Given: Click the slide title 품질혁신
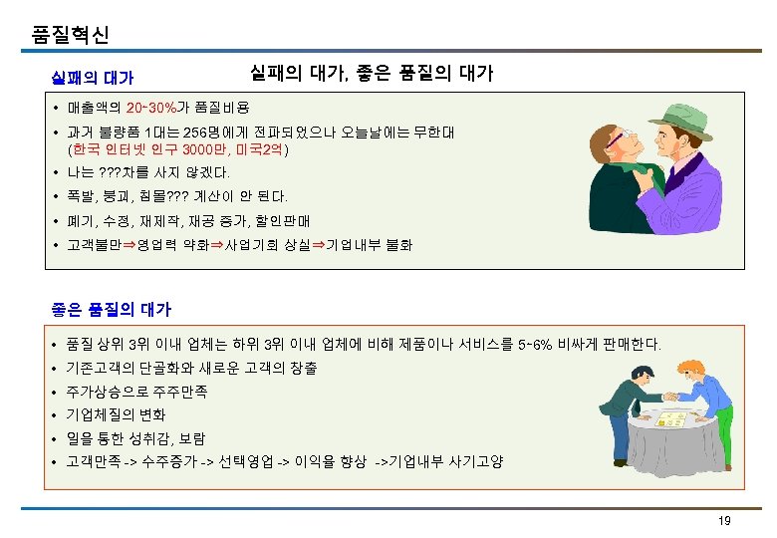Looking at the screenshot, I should coord(70,35).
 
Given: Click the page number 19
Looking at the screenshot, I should coord(724,521).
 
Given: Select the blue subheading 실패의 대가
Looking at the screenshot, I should coord(93,77).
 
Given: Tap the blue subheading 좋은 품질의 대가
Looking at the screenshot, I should coord(111,309).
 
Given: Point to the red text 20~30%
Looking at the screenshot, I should coord(151,107).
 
